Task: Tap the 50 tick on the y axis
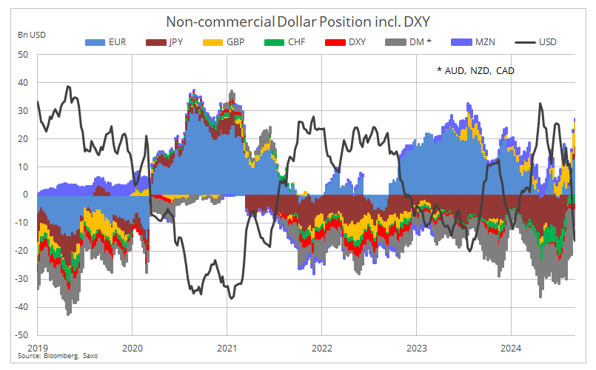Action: click(x=23, y=55)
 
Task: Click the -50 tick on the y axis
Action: click(x=21, y=335)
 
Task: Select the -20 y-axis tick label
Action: click(x=21, y=251)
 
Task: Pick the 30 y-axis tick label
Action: click(x=23, y=111)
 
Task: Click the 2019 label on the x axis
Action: click(x=37, y=348)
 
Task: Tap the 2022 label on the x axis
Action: click(x=321, y=348)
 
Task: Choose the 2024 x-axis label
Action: click(x=511, y=348)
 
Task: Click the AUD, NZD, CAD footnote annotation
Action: click(x=475, y=70)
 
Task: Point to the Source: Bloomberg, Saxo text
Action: click(x=58, y=357)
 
